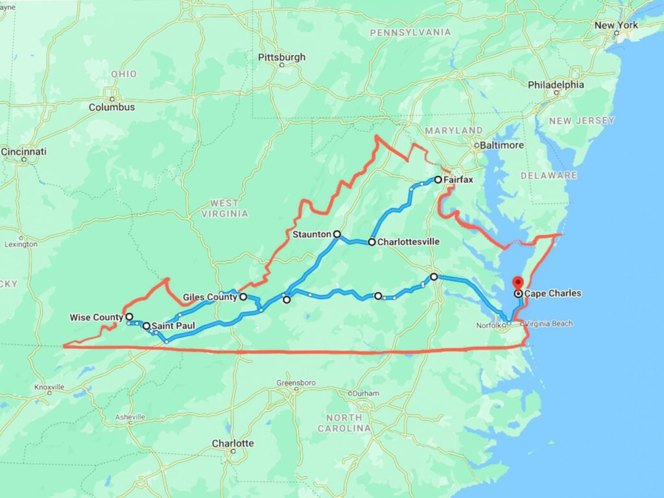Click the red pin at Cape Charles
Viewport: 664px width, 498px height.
pos(517,283)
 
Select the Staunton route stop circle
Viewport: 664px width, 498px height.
pos(337,233)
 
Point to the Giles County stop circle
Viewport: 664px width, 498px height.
pos(243,297)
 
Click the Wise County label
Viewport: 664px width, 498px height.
pos(96,317)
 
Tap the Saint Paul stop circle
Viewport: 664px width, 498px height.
pos(147,326)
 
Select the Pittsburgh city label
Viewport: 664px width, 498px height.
pos(281,57)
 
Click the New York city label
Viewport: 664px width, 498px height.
pos(616,25)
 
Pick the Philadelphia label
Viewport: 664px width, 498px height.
pos(556,85)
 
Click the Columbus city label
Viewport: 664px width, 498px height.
pos(112,107)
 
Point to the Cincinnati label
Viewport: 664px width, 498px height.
pos(24,152)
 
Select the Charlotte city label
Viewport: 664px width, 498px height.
pos(233,444)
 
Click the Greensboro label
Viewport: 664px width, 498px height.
pos(296,383)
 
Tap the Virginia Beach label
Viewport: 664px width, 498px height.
pos(549,323)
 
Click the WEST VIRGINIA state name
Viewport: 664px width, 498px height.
pos(224,208)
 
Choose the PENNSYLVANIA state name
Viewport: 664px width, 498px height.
pos(410,32)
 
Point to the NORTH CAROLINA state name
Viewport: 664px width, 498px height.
pos(344,423)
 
